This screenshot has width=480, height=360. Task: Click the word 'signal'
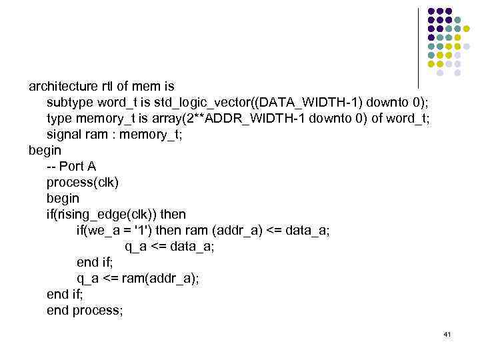64,135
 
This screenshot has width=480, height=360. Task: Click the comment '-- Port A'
71,167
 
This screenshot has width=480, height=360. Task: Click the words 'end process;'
85,311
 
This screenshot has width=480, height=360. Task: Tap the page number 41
447,333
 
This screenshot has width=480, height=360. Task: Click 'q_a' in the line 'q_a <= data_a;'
137,247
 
